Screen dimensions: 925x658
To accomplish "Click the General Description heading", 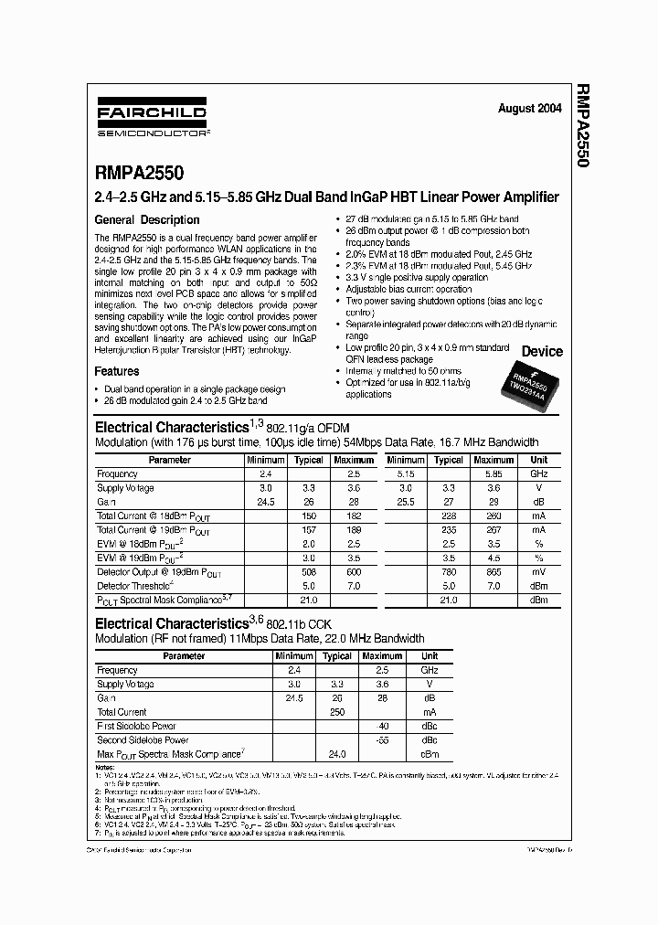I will point(147,219).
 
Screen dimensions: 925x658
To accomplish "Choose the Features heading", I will point(117,371).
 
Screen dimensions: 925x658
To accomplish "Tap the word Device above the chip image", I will point(542,351).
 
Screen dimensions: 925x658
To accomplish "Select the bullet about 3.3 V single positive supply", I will point(417,277).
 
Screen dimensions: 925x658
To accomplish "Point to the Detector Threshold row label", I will point(134,586).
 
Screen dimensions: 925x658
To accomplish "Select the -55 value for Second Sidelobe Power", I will point(382,739).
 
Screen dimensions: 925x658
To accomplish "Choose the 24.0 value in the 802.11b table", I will point(336,754).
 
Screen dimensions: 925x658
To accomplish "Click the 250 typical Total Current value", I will point(336,712).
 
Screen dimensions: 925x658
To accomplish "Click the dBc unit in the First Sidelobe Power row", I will point(430,726).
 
